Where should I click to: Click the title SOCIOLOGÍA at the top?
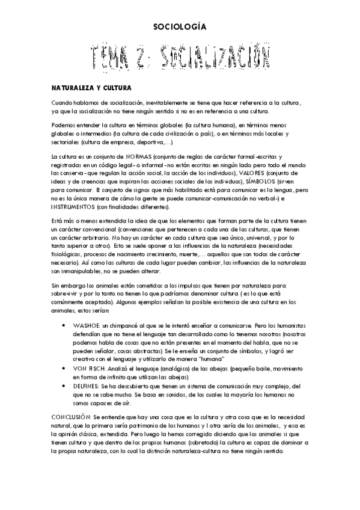(x=180, y=26)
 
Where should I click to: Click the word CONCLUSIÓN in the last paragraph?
(x=72, y=417)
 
